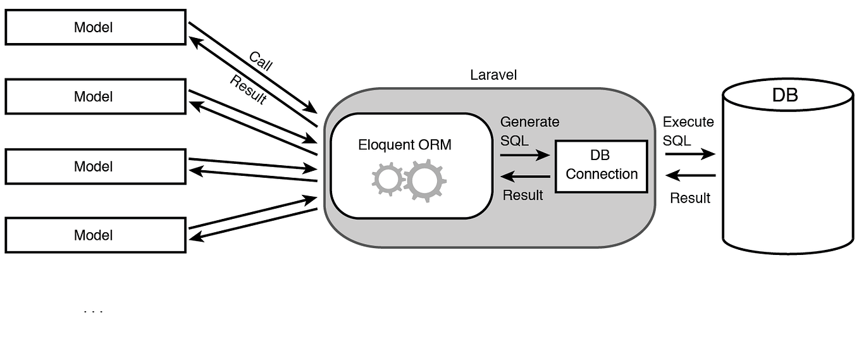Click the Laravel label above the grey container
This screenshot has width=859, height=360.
(493, 75)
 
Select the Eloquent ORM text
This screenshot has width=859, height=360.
(405, 144)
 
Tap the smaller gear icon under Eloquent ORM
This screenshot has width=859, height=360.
(388, 179)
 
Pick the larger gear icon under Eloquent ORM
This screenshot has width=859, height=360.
(425, 180)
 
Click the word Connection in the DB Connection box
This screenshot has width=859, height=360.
(602, 174)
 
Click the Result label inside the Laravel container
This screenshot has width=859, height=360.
(522, 195)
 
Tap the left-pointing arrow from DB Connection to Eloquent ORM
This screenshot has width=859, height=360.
(524, 177)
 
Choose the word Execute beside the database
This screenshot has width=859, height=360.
(688, 122)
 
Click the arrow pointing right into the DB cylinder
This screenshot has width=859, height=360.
(689, 154)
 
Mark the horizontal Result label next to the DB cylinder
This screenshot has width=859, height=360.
(690, 198)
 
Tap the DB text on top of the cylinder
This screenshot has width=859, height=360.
(785, 95)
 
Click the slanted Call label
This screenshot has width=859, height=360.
(261, 61)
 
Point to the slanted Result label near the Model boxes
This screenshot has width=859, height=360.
(248, 90)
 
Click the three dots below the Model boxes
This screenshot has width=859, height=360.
(93, 311)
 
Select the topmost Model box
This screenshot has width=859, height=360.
(96, 27)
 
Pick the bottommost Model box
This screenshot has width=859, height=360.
(96, 235)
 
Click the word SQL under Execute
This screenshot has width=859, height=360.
(677, 140)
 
